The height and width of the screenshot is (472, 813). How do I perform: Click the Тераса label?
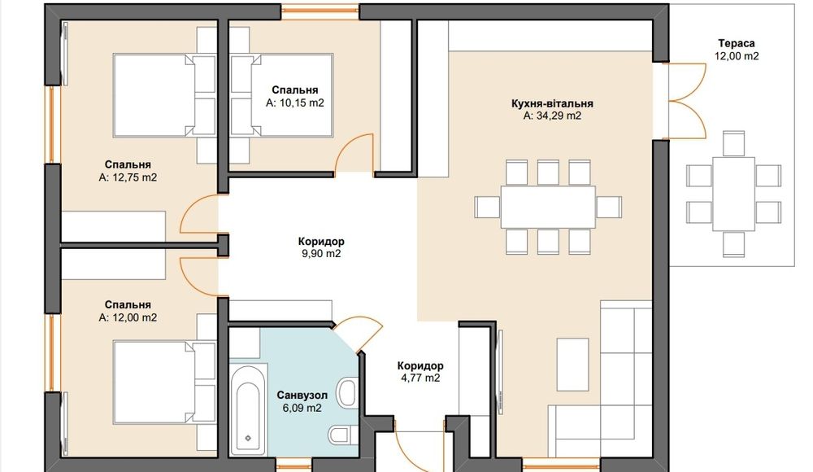pyautogui.click(x=737, y=44)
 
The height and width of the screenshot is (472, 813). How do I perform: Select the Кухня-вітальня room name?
pyautogui.click(x=552, y=103)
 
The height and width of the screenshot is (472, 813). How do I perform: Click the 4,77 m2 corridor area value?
pyautogui.click(x=420, y=378)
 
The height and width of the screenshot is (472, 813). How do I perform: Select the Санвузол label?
pyautogui.click(x=302, y=396)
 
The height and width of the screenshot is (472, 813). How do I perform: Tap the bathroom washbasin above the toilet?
pyautogui.click(x=347, y=393)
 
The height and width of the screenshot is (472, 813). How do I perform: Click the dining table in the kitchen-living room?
pyautogui.click(x=548, y=207)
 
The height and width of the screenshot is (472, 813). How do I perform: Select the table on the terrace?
pyautogui.click(x=733, y=194)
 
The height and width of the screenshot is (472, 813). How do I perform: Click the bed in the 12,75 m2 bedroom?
pyautogui.click(x=164, y=95)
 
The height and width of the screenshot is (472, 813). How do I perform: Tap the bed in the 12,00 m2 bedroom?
pyautogui.click(x=164, y=382)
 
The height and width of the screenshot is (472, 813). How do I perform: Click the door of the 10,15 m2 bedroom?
pyautogui.click(x=355, y=151)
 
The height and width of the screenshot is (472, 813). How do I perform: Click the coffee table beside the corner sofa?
pyautogui.click(x=572, y=365)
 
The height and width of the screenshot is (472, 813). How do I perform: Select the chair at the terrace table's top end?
pyautogui.click(x=733, y=143)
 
